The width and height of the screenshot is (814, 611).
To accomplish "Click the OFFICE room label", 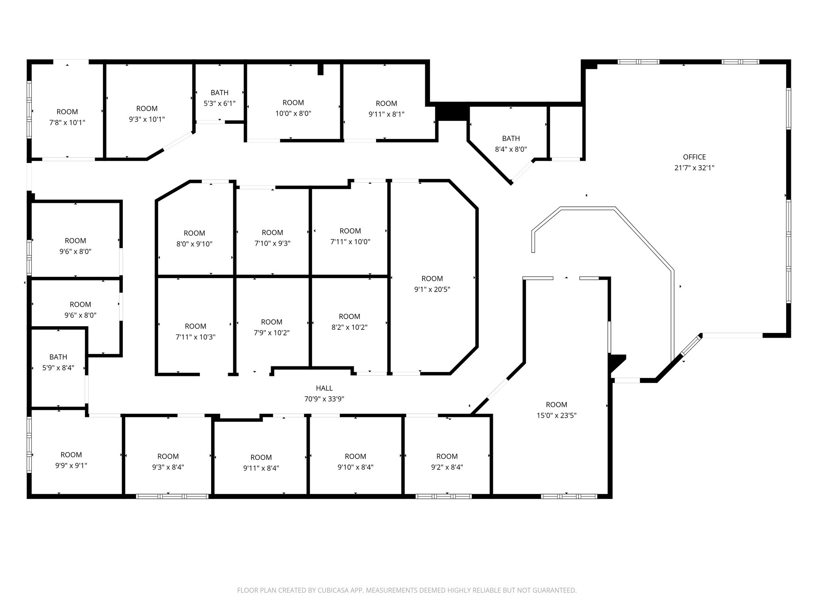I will click(x=694, y=157).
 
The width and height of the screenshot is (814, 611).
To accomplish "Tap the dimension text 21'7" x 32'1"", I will click(x=694, y=168).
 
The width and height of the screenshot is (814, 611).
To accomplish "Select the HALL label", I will click(x=324, y=388).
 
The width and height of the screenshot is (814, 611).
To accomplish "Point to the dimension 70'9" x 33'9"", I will click(x=324, y=399).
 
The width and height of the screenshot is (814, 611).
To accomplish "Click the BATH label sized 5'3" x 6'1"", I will click(x=219, y=93).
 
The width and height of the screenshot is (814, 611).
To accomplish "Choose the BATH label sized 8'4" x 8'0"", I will click(x=511, y=138).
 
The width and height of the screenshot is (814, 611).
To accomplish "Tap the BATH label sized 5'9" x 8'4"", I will click(x=58, y=357).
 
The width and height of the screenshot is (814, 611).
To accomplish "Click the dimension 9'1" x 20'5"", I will click(x=432, y=290).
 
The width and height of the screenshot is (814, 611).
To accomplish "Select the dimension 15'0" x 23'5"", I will click(x=556, y=416).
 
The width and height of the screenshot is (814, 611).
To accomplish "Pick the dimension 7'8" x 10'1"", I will click(x=67, y=123).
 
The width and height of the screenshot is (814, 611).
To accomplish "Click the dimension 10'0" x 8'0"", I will click(x=293, y=113).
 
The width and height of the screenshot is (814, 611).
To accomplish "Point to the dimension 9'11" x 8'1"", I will click(x=386, y=114).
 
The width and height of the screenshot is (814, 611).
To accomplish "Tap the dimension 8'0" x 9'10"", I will click(x=194, y=244).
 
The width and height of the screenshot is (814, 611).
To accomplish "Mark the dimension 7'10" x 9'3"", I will click(x=272, y=243).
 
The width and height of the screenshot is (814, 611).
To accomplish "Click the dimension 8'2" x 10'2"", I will click(x=349, y=327).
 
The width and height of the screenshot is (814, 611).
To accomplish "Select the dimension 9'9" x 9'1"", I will click(x=71, y=465).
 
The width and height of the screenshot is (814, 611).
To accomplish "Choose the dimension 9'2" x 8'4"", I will click(x=447, y=467).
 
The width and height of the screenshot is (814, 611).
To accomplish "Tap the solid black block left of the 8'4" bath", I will click(x=452, y=112).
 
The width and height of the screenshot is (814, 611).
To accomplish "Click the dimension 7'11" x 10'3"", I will click(x=195, y=337).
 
